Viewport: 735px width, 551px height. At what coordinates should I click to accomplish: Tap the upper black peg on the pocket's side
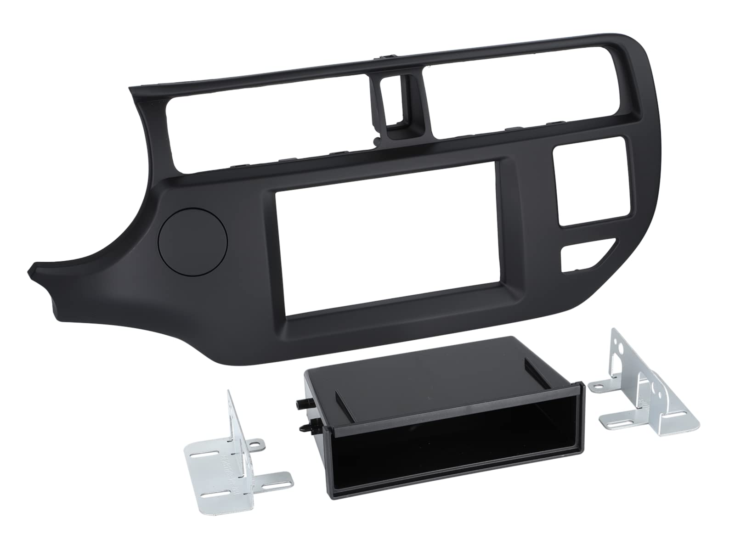300,405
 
